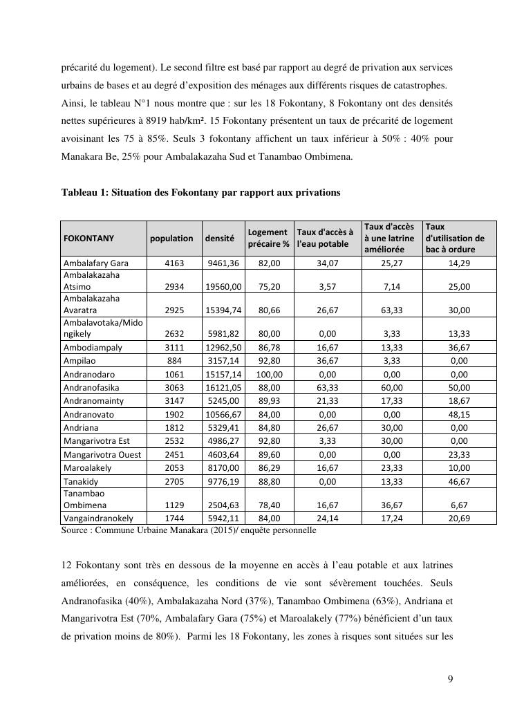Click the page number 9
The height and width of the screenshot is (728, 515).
pyautogui.click(x=450, y=679)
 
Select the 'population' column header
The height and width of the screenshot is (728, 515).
pyautogui.click(x=171, y=238)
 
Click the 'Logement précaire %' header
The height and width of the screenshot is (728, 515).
pyautogui.click(x=268, y=238)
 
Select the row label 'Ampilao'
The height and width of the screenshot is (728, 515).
pyautogui.click(x=79, y=361)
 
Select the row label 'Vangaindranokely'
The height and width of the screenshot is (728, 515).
pyautogui.click(x=98, y=518)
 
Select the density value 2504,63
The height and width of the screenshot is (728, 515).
pyautogui.click(x=223, y=505)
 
